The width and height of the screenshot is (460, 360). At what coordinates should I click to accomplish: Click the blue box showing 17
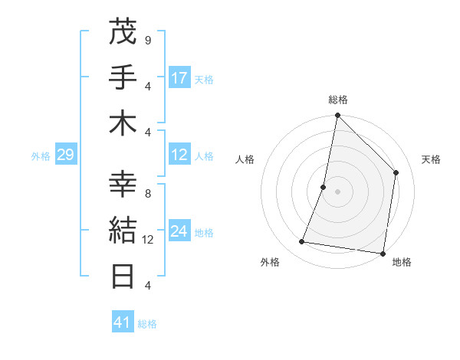179,77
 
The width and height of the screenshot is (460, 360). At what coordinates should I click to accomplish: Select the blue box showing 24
179,231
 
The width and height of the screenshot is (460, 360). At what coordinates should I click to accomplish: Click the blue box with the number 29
65,155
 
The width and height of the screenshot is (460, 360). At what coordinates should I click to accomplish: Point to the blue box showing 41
123,322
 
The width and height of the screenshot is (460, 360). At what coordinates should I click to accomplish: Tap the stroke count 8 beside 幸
148,194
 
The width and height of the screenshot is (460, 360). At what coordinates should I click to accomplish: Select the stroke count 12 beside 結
149,240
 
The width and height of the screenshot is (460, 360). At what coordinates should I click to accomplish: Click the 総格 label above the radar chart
337,100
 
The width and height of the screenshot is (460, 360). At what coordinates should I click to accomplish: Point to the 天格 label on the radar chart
431,159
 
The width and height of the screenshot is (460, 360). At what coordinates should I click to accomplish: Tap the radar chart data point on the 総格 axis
337,116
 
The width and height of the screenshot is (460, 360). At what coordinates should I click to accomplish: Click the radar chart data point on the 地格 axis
383,253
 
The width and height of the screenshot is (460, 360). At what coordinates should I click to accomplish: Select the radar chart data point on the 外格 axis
302,242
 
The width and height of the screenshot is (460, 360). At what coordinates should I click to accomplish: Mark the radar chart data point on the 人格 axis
324,187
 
